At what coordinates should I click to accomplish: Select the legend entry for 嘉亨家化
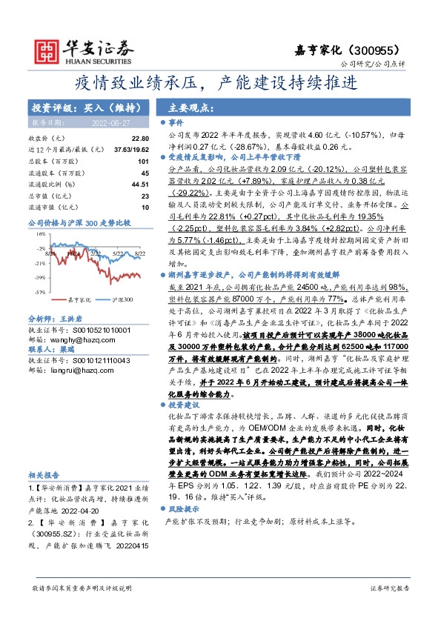78,299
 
